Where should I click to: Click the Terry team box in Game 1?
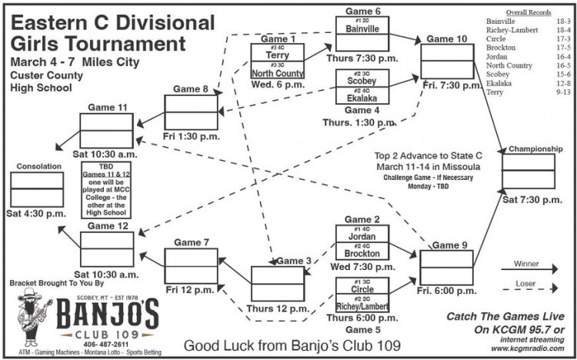277,53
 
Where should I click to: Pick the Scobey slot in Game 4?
362,79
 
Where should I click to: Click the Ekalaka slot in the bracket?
362,97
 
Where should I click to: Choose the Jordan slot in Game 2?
362,236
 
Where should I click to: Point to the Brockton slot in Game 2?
362,253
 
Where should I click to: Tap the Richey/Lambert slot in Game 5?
362,306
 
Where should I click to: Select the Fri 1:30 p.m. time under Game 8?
192,136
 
